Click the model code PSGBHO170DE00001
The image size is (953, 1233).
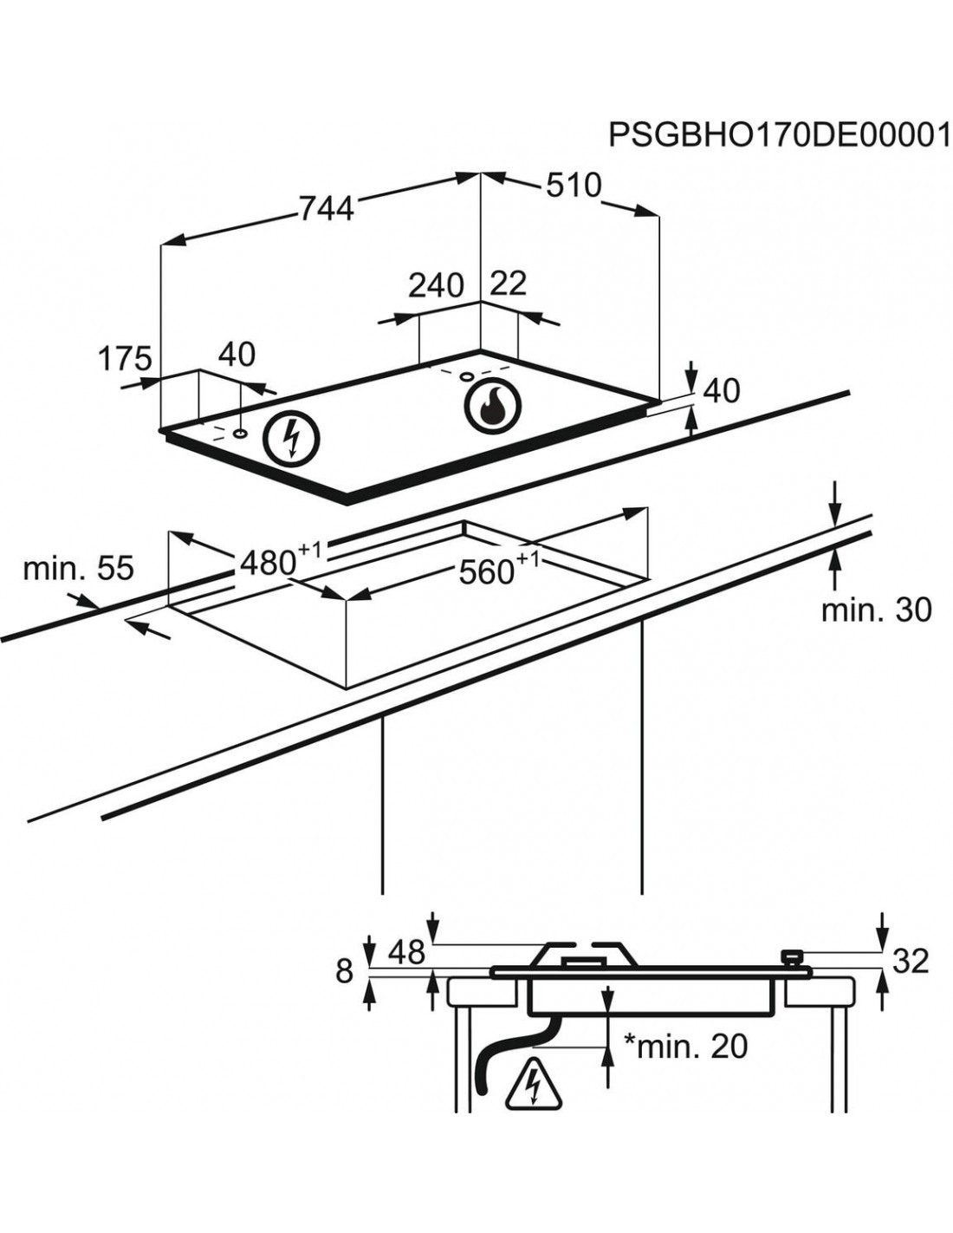[x=779, y=135]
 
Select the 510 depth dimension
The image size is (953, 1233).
[x=573, y=185]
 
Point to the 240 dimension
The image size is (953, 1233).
[x=437, y=284]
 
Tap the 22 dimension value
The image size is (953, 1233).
[x=509, y=284]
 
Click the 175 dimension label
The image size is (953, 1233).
[x=124, y=358]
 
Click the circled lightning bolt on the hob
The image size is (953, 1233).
[x=291, y=438]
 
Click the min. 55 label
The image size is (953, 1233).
[x=78, y=569]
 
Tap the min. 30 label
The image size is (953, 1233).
[x=876, y=610]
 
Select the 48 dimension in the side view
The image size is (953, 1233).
[x=405, y=953]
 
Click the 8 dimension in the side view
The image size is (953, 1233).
[x=345, y=971]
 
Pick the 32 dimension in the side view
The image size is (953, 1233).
[x=910, y=960]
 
